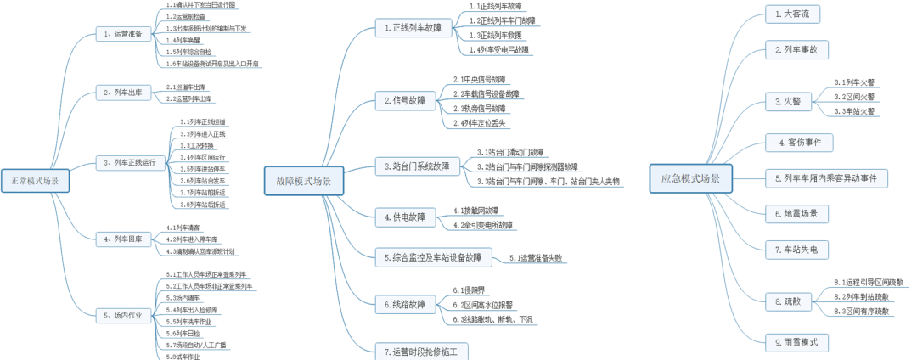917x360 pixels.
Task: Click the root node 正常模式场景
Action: pyautogui.click(x=35, y=181)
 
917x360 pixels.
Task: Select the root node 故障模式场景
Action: pyautogui.click(x=303, y=181)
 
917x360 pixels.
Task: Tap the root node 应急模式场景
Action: pyautogui.click(x=690, y=178)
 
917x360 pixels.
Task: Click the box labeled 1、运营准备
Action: pyautogui.click(x=123, y=35)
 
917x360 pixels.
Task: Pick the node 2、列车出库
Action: pyautogui.click(x=123, y=93)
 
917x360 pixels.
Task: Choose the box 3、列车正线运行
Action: pyautogui.click(x=130, y=162)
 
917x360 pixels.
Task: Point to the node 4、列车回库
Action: pyautogui.click(x=123, y=239)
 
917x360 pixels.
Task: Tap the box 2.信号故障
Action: pyautogui.click(x=406, y=101)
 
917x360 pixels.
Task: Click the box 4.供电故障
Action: pyautogui.click(x=406, y=217)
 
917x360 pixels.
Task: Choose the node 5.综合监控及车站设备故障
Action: pyautogui.click(x=432, y=256)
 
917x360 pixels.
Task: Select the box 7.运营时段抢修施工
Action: pyautogui.click(x=421, y=352)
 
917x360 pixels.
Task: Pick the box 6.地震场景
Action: pyautogui.click(x=796, y=214)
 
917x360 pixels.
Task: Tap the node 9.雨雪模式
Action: pyautogui.click(x=796, y=342)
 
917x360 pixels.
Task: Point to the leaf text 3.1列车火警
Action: pyautogui.click(x=855, y=82)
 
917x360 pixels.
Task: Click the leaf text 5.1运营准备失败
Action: pyautogui.click(x=536, y=257)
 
